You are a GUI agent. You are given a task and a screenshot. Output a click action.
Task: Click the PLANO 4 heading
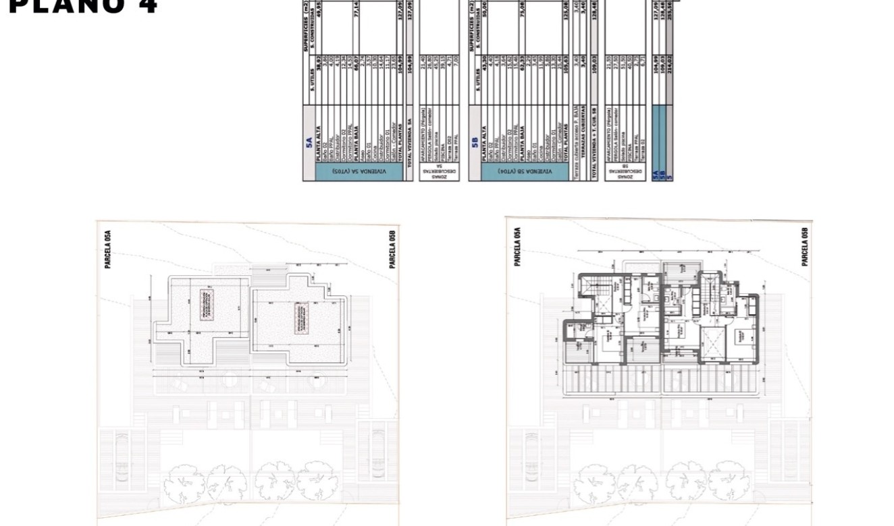(x=83, y=6)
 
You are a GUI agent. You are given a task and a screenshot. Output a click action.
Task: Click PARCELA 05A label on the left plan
(x=107, y=250)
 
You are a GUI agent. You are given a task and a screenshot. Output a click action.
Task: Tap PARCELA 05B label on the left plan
(x=392, y=250)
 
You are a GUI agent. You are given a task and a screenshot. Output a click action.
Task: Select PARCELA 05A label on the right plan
(x=517, y=247)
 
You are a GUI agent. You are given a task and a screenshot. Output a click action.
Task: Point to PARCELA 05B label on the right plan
(x=804, y=247)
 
